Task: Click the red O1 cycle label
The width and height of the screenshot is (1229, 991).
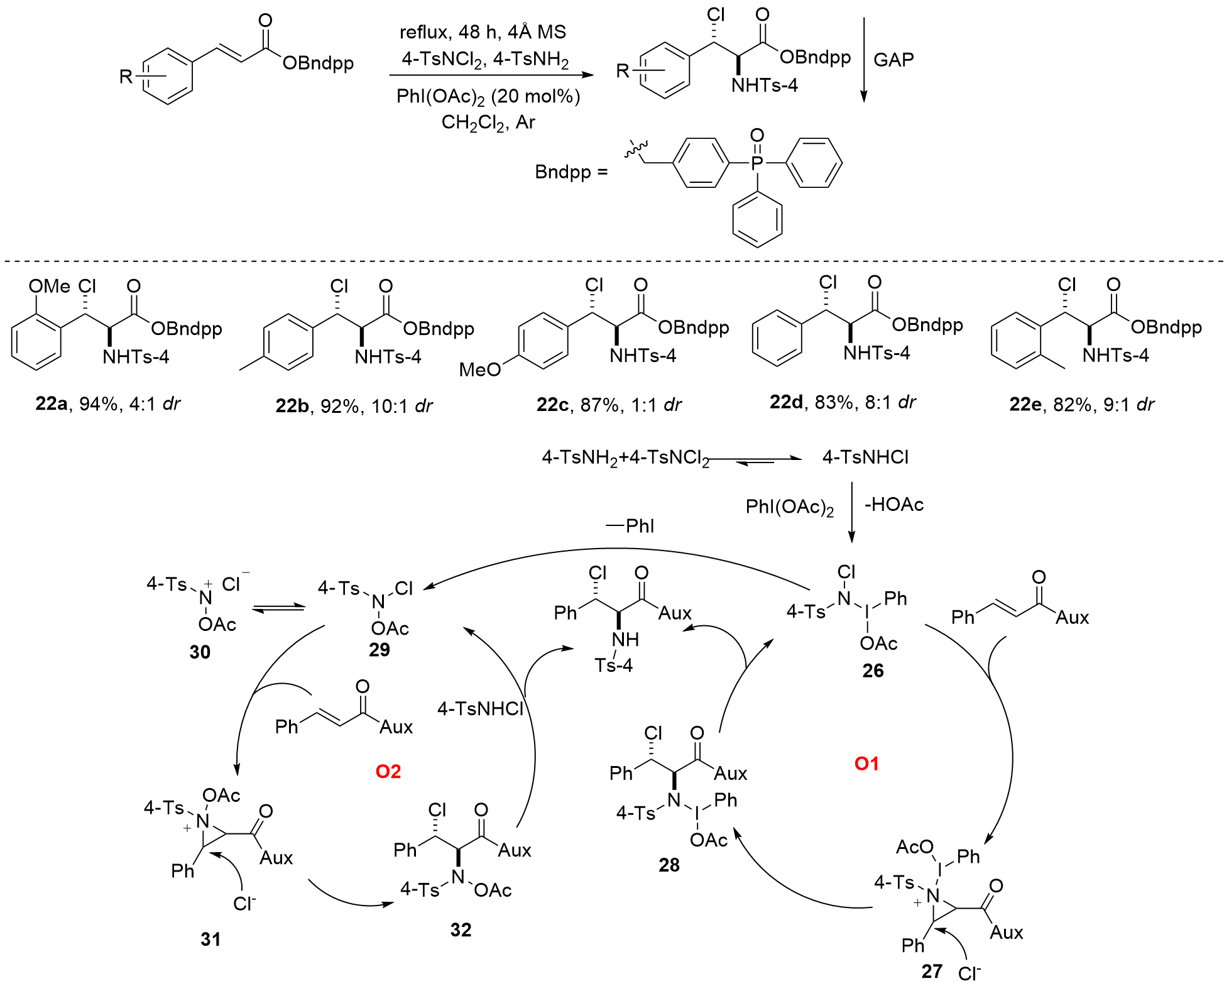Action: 866,764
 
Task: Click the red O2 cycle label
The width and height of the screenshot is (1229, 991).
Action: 388,771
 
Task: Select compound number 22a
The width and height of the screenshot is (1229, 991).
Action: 51,403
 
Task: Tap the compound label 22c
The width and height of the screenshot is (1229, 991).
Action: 552,405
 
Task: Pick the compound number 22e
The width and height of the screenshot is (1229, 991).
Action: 1025,404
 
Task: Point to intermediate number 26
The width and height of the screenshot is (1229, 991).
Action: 873,671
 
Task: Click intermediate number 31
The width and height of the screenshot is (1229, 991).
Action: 210,939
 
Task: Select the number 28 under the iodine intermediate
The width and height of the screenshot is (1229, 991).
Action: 669,865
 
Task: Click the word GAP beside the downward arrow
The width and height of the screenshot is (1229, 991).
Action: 893,60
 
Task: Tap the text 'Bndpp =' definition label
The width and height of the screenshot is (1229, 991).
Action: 571,172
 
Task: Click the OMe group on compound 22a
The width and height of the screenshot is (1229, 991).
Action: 49,287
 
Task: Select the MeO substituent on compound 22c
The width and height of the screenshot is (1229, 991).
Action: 480,370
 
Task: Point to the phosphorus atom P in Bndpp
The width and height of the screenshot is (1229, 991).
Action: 757,163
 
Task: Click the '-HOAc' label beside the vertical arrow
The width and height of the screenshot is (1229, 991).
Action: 894,505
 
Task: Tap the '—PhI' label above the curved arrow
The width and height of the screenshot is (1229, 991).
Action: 630,525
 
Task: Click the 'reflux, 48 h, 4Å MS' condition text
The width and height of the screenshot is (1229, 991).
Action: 483,32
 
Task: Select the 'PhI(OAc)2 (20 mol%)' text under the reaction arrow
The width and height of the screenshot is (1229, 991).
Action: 488,96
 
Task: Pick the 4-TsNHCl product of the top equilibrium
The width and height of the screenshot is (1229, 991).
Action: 865,457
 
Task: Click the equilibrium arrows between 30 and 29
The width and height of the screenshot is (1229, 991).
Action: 278,608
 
